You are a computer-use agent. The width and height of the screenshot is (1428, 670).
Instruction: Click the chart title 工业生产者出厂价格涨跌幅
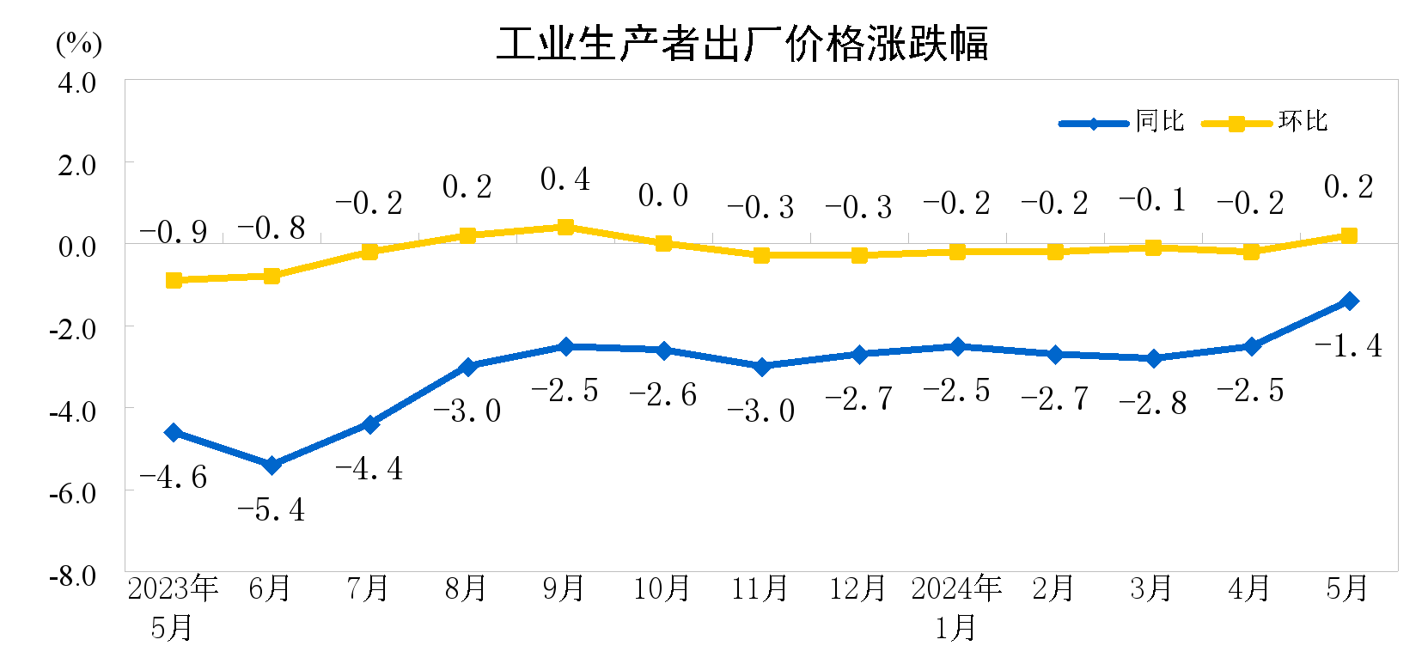pos(742,43)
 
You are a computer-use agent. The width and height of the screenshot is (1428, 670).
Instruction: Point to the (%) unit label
pos(79,43)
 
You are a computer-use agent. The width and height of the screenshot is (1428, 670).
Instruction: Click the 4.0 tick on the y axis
pos(76,83)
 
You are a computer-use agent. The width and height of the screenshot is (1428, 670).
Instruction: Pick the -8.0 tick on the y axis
pos(73,576)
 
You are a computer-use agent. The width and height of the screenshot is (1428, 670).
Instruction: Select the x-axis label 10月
pos(662,588)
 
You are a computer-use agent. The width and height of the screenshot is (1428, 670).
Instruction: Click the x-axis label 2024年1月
pos(956,607)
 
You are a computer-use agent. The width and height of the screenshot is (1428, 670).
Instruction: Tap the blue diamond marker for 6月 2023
pos(272,465)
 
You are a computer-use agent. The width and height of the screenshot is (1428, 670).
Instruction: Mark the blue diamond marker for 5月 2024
pos(1349,301)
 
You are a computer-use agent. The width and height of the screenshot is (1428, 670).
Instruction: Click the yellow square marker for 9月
pos(565,227)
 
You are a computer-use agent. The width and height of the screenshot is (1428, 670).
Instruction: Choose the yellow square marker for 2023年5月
pos(174,280)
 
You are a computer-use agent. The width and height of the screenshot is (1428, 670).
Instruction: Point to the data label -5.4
pos(271,510)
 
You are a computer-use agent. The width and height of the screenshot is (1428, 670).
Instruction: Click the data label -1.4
pos(1348,346)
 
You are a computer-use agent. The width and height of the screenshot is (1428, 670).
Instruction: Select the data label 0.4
pos(565,180)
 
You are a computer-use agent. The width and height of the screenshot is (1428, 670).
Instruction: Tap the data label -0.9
pos(174,232)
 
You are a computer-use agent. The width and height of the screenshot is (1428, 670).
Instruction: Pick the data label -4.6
pos(174,478)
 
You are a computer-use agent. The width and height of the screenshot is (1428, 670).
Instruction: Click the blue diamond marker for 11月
pos(761,367)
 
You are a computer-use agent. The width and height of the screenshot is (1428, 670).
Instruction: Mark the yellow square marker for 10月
pos(663,243)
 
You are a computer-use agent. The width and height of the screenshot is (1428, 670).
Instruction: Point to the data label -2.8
pos(1153,403)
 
